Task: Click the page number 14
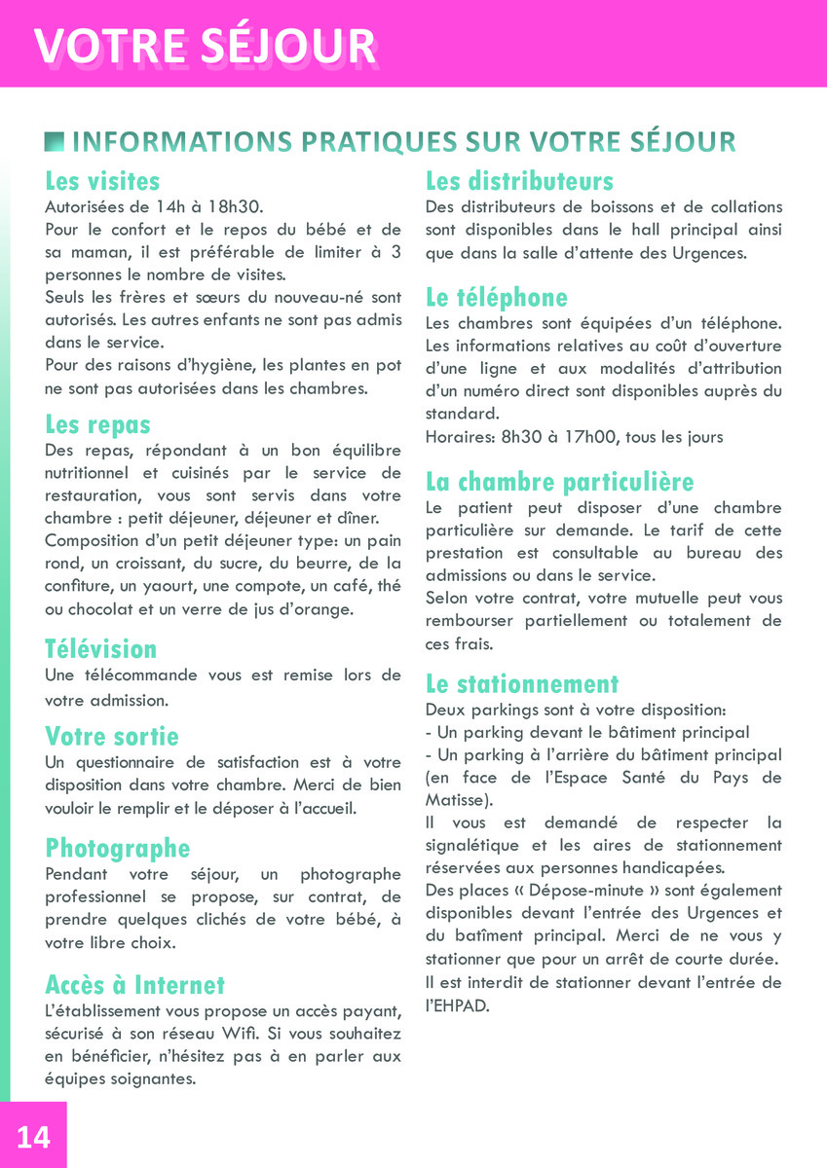[x=33, y=1136]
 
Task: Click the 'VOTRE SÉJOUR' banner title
[x=206, y=47]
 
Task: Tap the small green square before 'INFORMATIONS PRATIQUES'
[x=55, y=142]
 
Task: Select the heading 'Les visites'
[x=102, y=182]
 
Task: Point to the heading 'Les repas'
[x=97, y=425]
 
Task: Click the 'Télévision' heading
[x=100, y=649]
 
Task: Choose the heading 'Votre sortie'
[x=112, y=736]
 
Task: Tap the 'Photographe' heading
[x=117, y=849]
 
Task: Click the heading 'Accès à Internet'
[x=134, y=985]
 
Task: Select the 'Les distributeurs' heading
[x=519, y=182]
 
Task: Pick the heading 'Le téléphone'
[x=496, y=297]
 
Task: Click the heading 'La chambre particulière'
[x=559, y=482]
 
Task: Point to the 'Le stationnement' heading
[x=522, y=683]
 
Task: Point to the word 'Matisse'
[x=458, y=800]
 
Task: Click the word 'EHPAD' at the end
[x=463, y=1005]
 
